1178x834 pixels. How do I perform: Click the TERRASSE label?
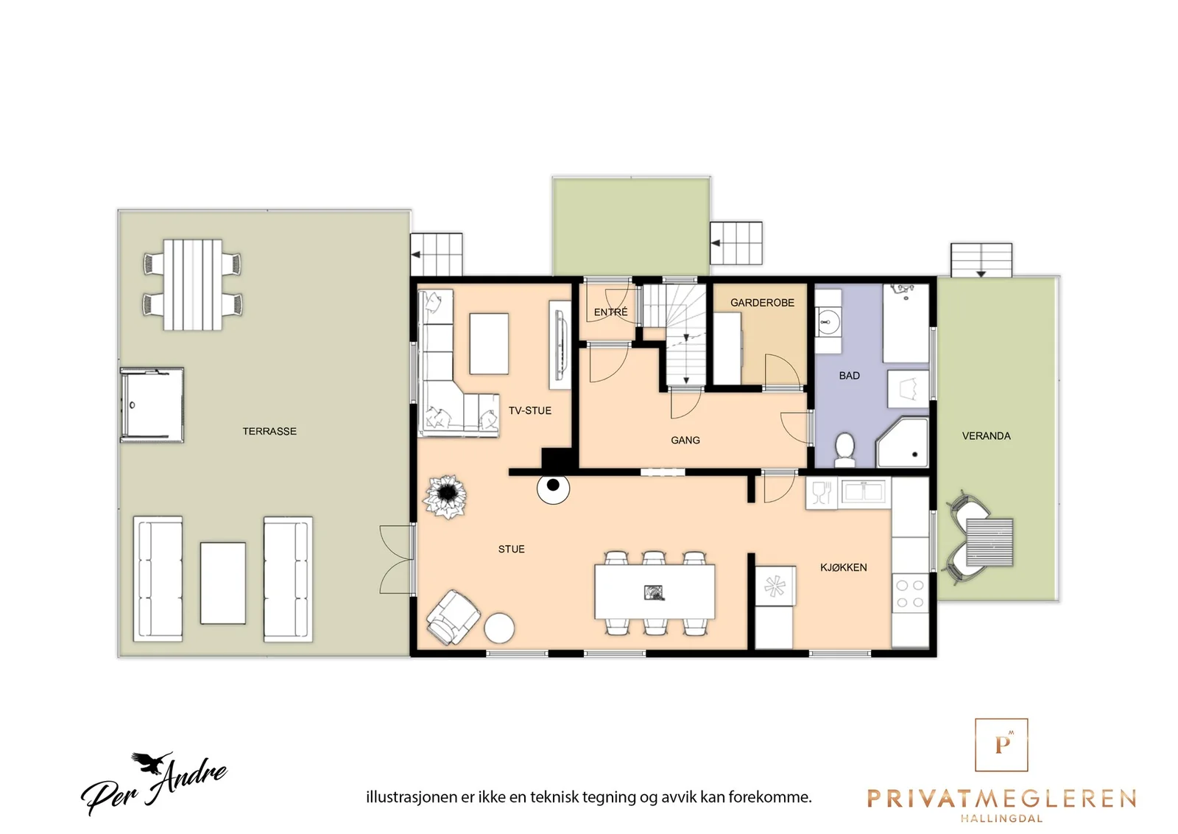click(x=269, y=432)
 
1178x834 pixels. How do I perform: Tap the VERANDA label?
click(x=986, y=435)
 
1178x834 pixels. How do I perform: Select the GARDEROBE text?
click(x=762, y=303)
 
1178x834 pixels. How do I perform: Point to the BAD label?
click(x=850, y=376)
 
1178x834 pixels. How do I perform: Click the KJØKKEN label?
click(x=844, y=567)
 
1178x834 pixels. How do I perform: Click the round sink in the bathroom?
click(x=828, y=321)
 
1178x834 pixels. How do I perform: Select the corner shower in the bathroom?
click(x=903, y=442)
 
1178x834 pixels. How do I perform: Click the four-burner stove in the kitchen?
click(x=910, y=594)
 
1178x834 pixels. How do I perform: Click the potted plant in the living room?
click(x=446, y=496)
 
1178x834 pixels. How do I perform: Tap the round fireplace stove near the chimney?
click(x=553, y=488)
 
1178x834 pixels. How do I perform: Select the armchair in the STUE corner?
click(x=454, y=617)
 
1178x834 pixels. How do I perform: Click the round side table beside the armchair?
click(x=499, y=628)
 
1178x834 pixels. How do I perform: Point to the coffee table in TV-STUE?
click(x=489, y=344)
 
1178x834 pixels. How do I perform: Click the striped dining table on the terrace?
click(x=192, y=284)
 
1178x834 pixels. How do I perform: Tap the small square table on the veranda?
click(x=990, y=542)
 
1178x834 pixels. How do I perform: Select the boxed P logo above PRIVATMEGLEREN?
click(x=1001, y=745)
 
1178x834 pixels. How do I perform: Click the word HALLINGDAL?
click(x=1001, y=819)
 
